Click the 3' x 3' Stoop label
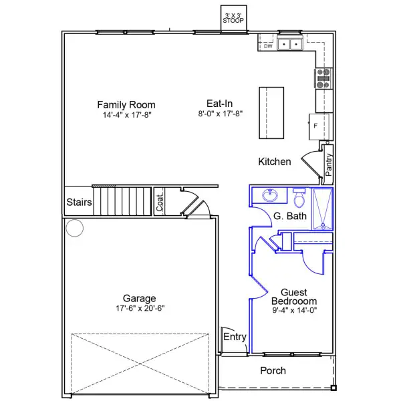click(233, 19)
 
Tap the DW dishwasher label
click(268, 46)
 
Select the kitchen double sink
click(290, 44)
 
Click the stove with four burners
click(323, 78)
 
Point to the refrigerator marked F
click(319, 127)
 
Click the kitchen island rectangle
click(271, 113)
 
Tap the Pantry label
click(329, 164)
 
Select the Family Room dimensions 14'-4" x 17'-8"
click(127, 115)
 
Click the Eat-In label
click(220, 104)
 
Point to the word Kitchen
click(275, 162)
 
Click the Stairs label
click(79, 202)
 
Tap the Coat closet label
click(160, 203)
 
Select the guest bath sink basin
click(270, 196)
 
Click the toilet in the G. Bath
click(299, 197)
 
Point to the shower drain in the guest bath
click(323, 225)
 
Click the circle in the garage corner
click(74, 228)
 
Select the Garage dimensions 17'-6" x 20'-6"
click(140, 308)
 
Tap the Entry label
click(235, 337)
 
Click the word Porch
click(273, 370)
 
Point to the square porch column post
click(333, 388)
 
